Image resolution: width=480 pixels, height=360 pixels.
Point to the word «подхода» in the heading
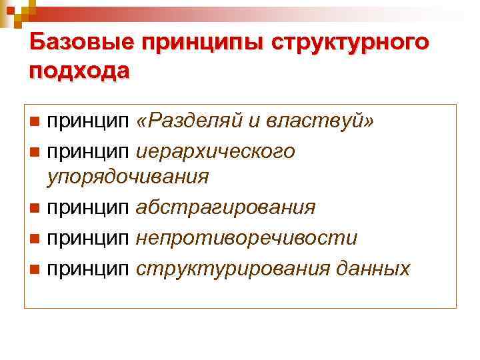pyautogui.click(x=79, y=70)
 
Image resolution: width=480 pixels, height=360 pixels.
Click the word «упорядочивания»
pyautogui.click(x=127, y=177)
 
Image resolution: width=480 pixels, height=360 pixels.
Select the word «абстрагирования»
pyautogui.click(x=225, y=207)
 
